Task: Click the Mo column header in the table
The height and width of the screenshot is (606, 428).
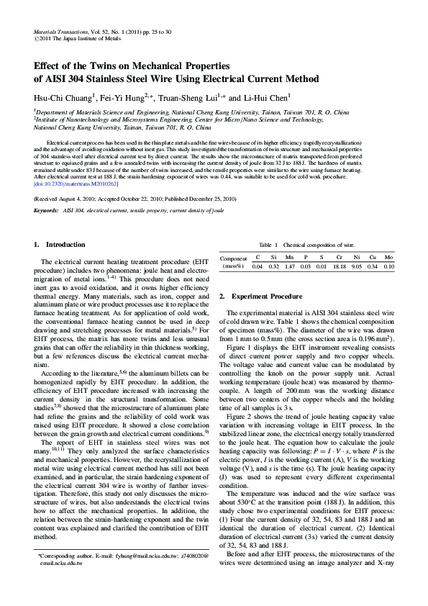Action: [388, 258]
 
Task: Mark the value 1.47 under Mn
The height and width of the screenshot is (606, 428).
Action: [289, 267]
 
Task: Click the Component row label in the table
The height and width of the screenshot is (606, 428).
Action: [233, 258]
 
